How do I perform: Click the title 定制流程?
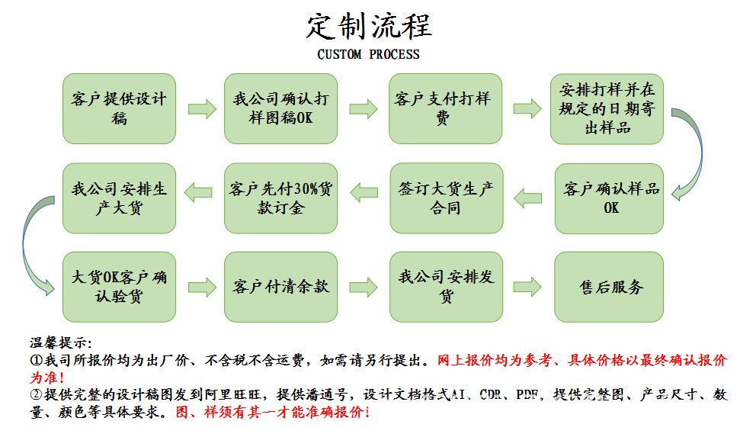point(369,26)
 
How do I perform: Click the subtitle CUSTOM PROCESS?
point(368,55)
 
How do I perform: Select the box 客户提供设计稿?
point(119,108)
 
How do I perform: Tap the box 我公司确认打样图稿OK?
point(280,108)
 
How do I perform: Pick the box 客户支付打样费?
point(445,108)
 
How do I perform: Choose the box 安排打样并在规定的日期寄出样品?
point(607,108)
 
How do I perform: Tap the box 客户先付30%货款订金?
point(280,198)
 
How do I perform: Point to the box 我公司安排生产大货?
point(119,198)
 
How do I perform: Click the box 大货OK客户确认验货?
point(119,286)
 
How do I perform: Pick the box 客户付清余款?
point(280,286)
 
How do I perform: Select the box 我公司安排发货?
point(446,286)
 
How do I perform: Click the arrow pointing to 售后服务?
point(527,287)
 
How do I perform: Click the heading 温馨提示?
point(60,342)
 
